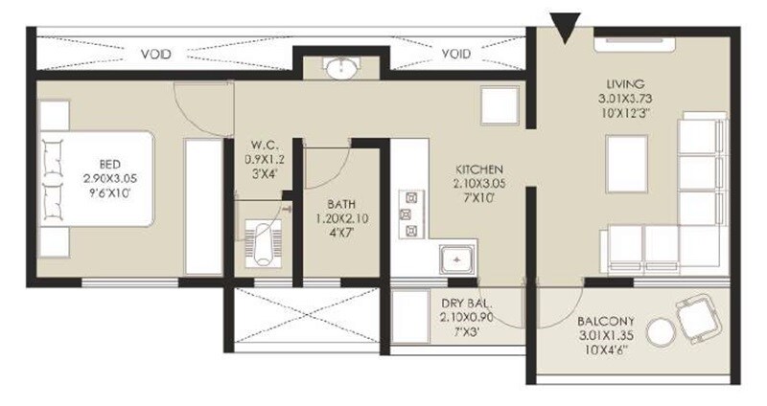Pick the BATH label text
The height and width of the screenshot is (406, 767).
(x=341, y=203)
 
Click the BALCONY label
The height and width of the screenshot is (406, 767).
(x=603, y=323)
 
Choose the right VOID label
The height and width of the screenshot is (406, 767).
(x=456, y=55)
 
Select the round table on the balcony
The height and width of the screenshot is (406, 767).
(x=660, y=332)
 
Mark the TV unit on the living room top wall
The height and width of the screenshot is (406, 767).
(x=637, y=41)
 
